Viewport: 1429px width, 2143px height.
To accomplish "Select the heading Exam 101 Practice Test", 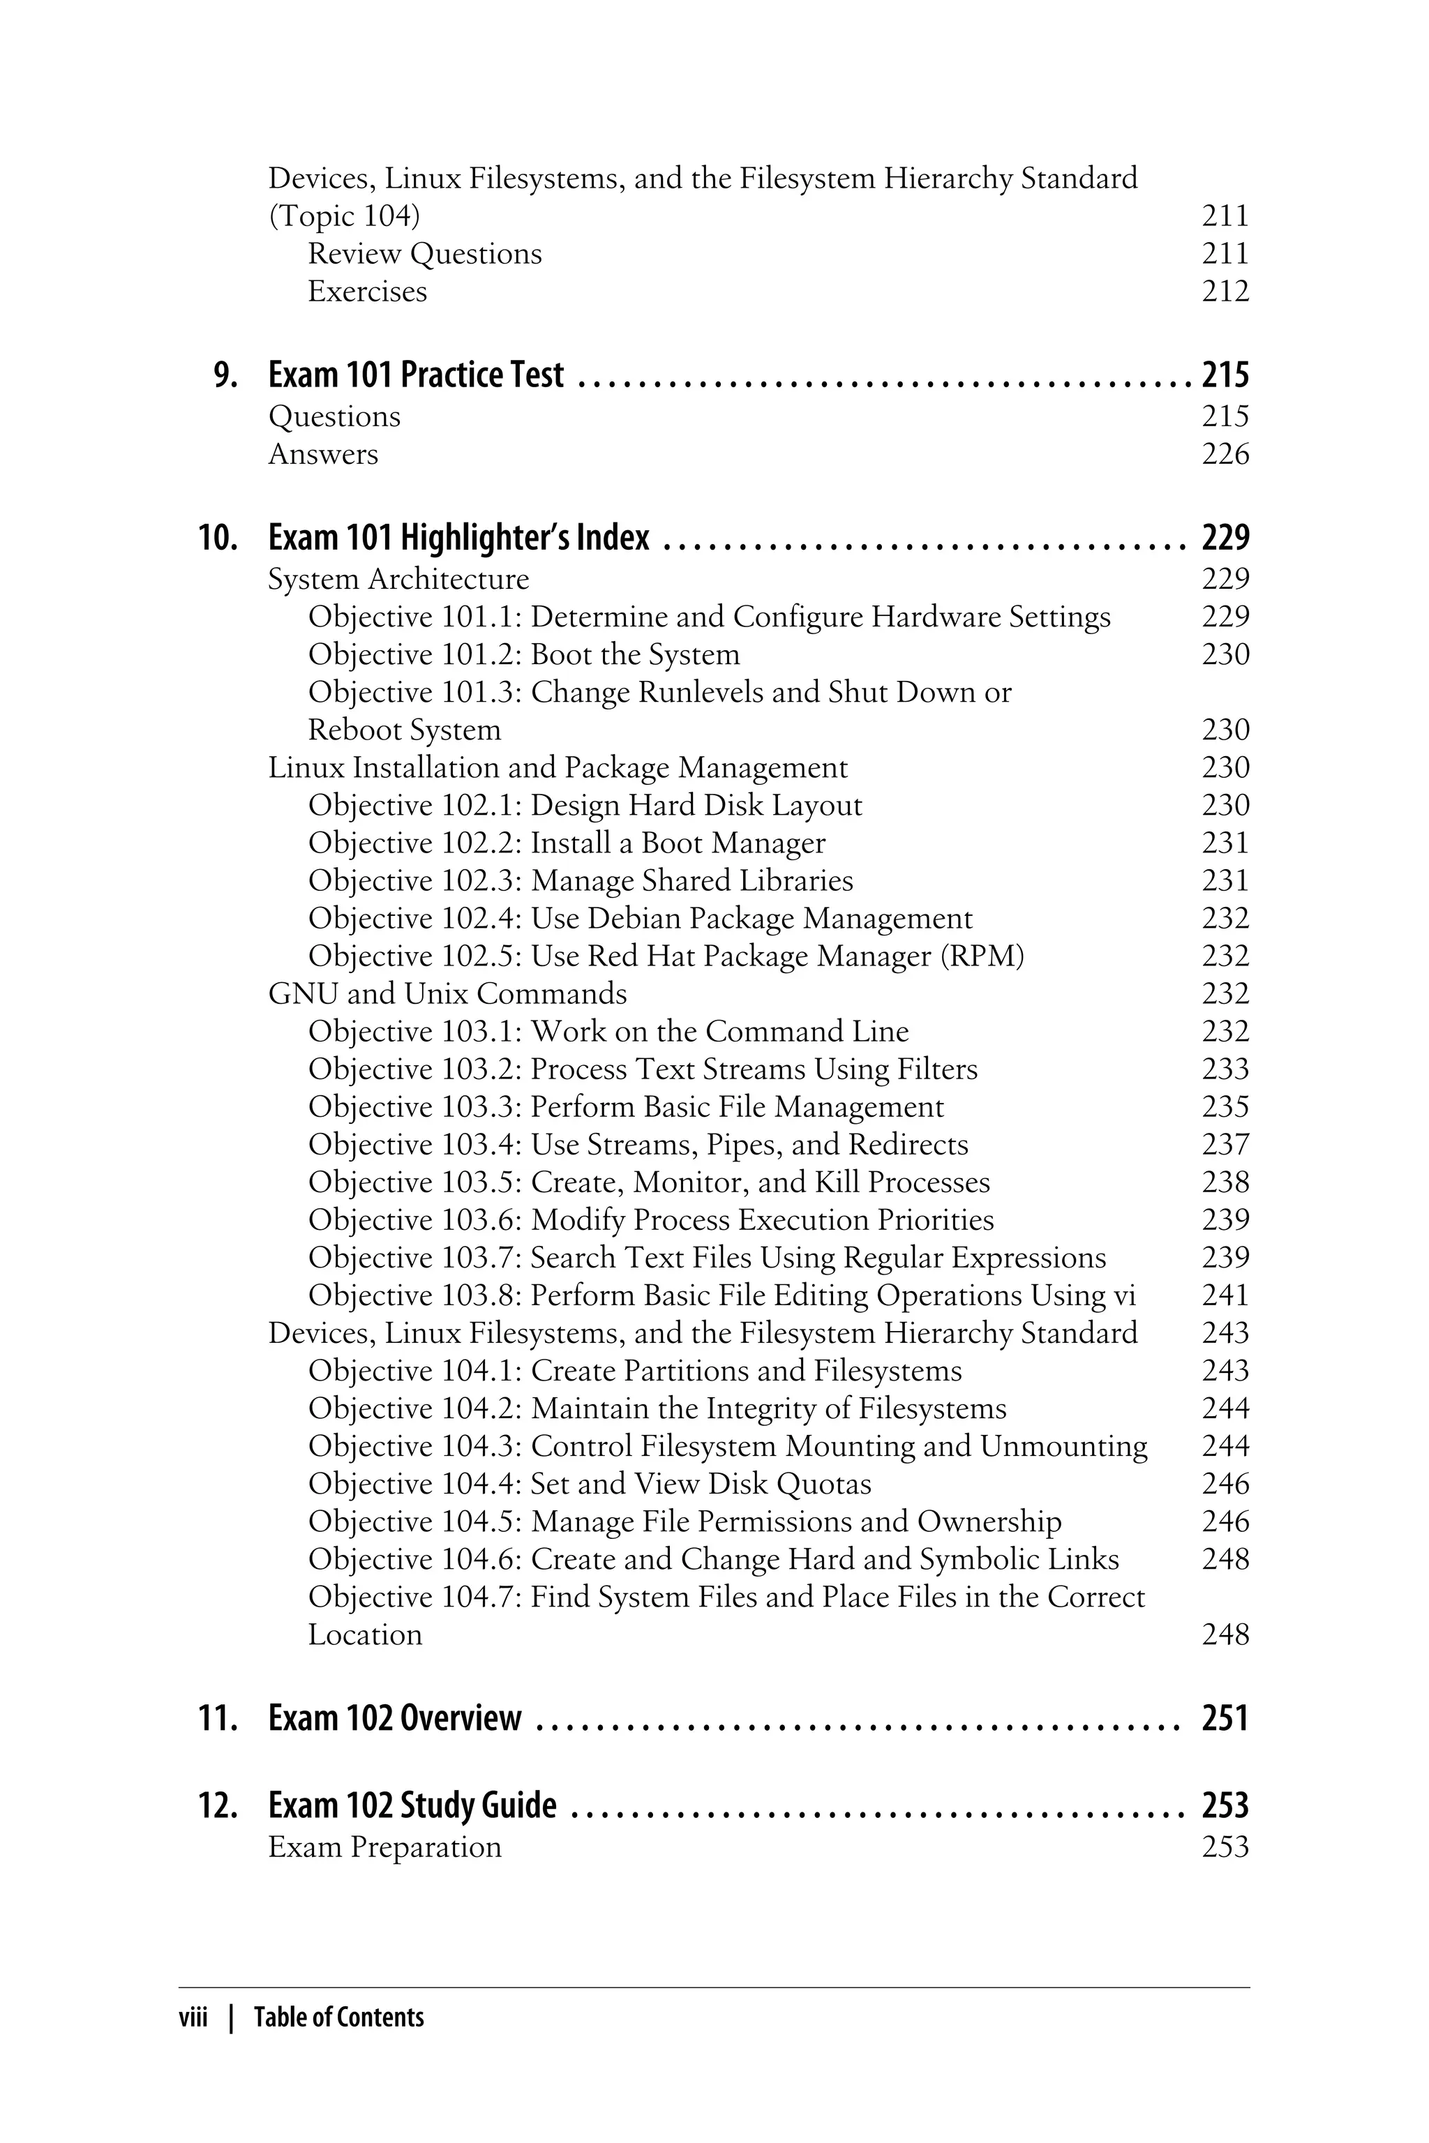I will (416, 375).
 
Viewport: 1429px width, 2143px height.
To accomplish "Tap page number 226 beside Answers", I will (1224, 453).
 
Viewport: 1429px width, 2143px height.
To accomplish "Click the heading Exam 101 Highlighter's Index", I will (458, 538).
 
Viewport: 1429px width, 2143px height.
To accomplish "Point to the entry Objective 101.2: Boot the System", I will (523, 654).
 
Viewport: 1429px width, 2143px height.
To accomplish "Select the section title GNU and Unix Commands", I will (447, 993).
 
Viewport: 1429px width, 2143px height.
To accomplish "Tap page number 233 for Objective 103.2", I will (1224, 1069).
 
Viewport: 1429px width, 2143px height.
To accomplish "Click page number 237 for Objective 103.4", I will (1224, 1144).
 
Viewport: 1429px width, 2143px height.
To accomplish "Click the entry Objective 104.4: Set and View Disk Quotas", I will (589, 1483).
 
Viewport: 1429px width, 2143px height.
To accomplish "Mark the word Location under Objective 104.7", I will (364, 1634).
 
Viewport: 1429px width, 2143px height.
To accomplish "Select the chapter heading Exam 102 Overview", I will (395, 1717).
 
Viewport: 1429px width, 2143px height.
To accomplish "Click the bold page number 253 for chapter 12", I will (1224, 1805).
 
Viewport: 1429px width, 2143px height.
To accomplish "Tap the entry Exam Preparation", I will (384, 1847).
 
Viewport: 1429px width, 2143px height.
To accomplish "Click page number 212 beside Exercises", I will (1224, 292).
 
